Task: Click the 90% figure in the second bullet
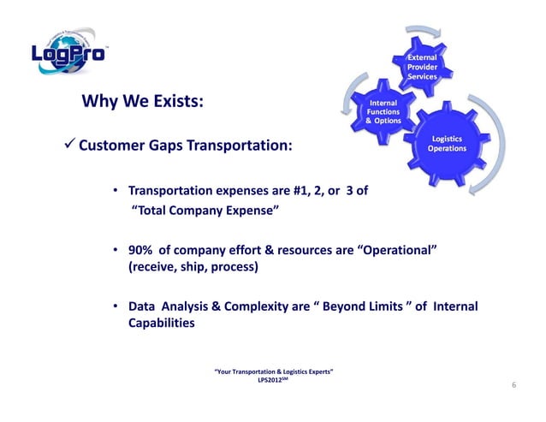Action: [142, 250]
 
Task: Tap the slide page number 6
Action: [513, 386]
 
